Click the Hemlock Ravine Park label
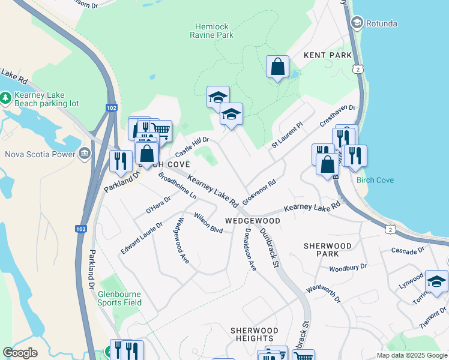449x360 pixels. (x=214, y=31)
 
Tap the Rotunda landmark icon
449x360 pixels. (x=357, y=23)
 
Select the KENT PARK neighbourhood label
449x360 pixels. (x=327, y=55)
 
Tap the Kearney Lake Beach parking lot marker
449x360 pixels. (x=6, y=97)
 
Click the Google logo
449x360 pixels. (x=20, y=353)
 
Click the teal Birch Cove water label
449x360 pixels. (x=375, y=180)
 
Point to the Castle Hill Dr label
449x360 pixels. (x=191, y=146)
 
